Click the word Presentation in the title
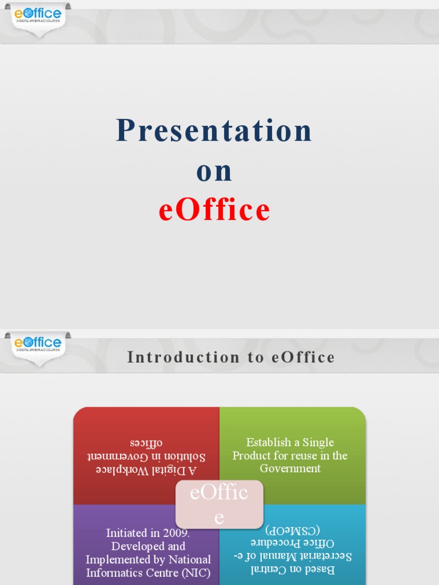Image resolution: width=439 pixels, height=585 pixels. [x=214, y=131]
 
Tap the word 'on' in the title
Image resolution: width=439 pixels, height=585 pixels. [x=214, y=171]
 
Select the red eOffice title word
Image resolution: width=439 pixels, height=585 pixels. [x=214, y=210]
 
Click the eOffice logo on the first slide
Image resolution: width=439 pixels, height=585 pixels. [x=38, y=15]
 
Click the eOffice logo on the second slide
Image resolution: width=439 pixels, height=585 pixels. [x=38, y=343]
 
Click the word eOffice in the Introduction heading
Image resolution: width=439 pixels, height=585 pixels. [x=304, y=358]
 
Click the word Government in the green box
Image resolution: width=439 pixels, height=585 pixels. [x=290, y=468]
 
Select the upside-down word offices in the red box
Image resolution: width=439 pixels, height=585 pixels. [x=146, y=443]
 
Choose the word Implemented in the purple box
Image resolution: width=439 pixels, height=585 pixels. [x=120, y=559]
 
